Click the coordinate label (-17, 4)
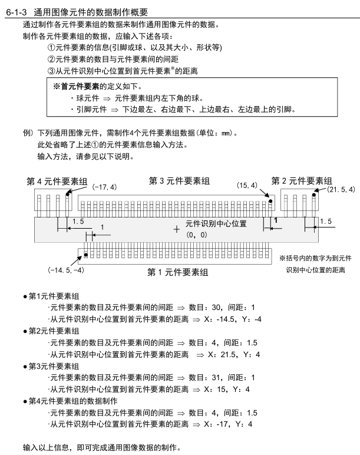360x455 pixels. pyautogui.click(x=104, y=186)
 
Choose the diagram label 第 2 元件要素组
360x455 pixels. pyautogui.click(x=302, y=180)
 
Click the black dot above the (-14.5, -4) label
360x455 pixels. pyautogui.click(x=85, y=255)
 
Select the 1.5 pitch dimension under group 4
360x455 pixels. pyautogui.click(x=78, y=221)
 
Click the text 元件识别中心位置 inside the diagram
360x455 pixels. pyautogui.click(x=216, y=224)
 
